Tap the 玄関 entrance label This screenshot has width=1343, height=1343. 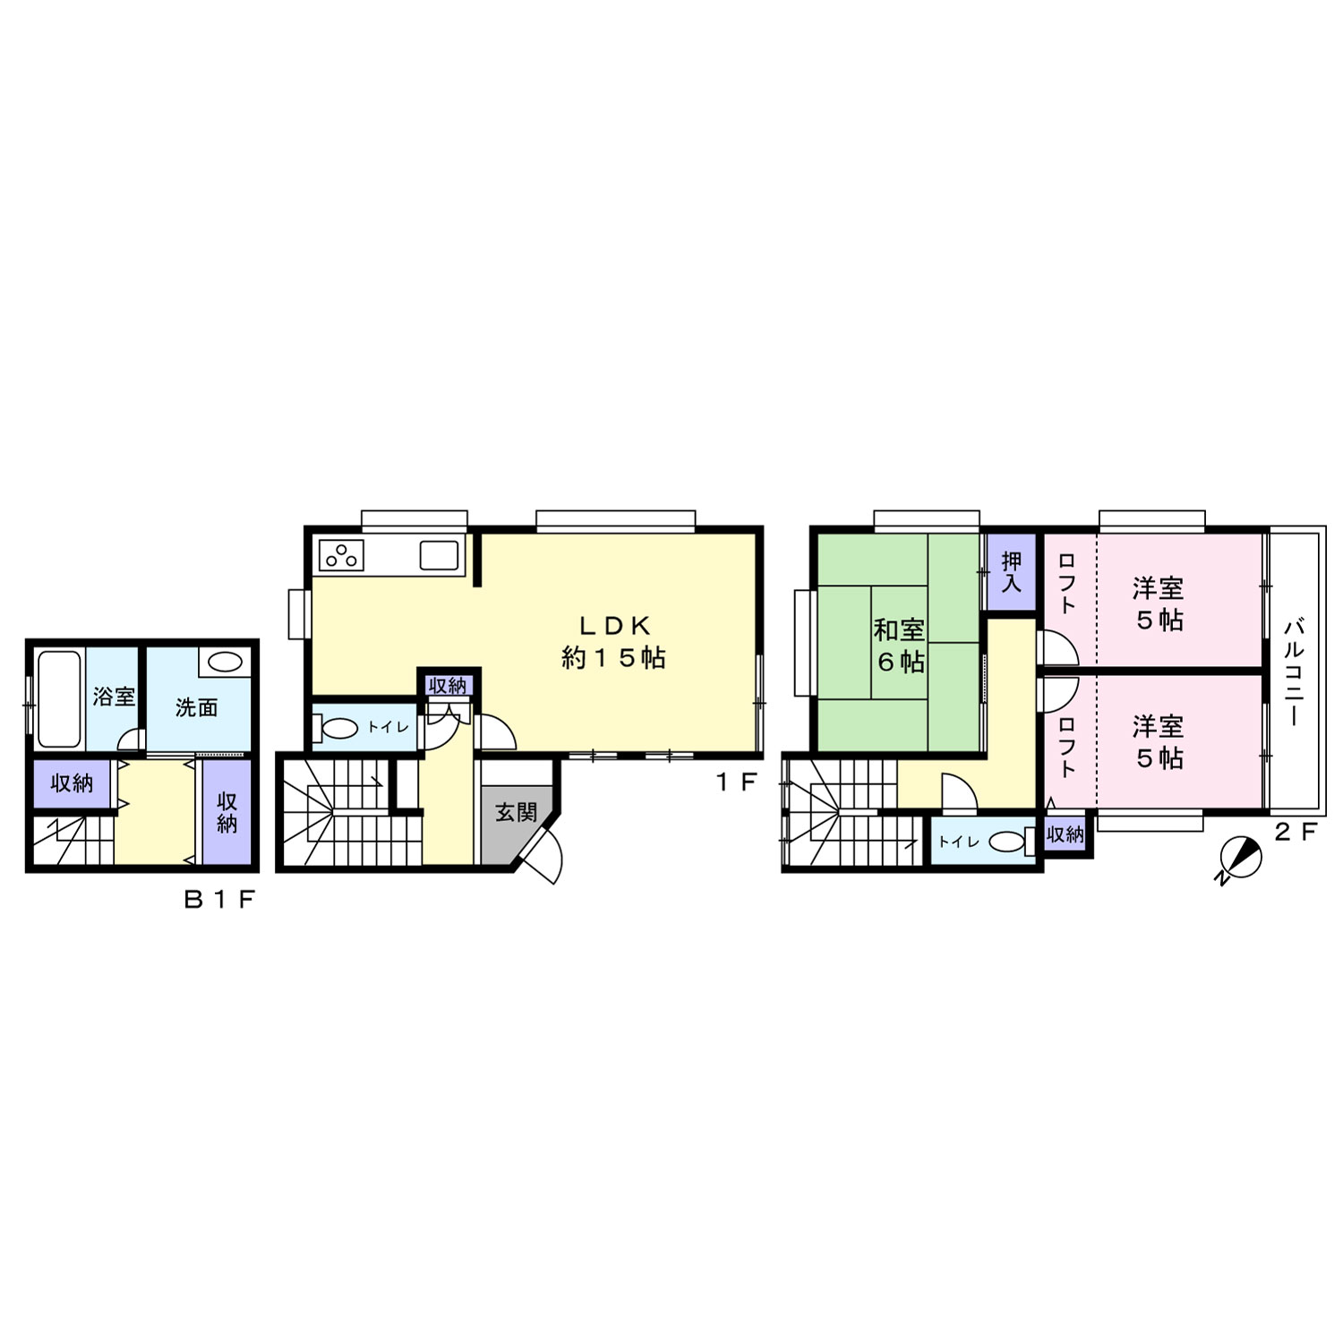(517, 812)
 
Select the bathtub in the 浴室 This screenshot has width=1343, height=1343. (60, 698)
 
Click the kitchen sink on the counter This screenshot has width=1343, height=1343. (439, 556)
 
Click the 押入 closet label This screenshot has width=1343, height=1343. (1011, 572)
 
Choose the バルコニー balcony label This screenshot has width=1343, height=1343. (1294, 671)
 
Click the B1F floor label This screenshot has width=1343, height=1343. (220, 901)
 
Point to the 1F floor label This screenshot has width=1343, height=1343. (736, 782)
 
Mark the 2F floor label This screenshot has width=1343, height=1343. (1296, 832)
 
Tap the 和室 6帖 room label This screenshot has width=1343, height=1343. (900, 646)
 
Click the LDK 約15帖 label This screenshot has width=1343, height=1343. (613, 641)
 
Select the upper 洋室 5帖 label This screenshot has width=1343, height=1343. (1159, 603)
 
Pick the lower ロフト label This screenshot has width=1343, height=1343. (1067, 745)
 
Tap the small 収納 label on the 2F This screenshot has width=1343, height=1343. (1065, 834)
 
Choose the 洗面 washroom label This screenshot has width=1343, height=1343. (196, 707)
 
